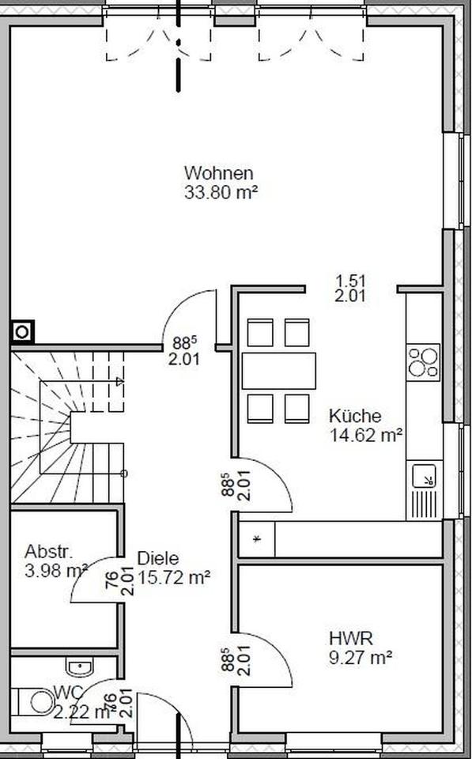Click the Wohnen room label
pyautogui.click(x=218, y=172)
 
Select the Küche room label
pyautogui.click(x=355, y=416)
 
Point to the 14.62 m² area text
pyautogui.click(x=366, y=433)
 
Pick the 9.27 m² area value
pyautogui.click(x=361, y=655)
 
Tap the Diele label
pyautogui.click(x=157, y=558)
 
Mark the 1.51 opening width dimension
pyautogui.click(x=349, y=281)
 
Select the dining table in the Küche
pyautogui.click(x=278, y=370)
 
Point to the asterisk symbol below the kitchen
pyautogui.click(x=256, y=540)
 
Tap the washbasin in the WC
pyautogui.click(x=79, y=668)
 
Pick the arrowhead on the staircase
pyautogui.click(x=119, y=383)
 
